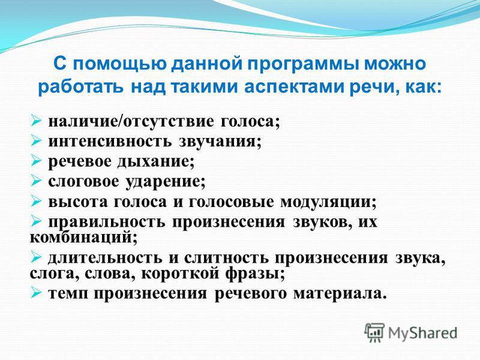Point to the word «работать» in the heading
tap(81, 87)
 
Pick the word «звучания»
tap(220, 142)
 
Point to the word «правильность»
tap(107, 222)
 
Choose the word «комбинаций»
tap(83, 238)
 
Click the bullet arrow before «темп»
tap(35, 293)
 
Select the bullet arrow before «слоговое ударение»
tap(35, 182)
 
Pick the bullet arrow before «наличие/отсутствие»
tap(35, 121)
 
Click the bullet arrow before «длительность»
tap(35, 258)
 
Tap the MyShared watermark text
tap(423, 333)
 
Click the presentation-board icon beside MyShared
tap(374, 332)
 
